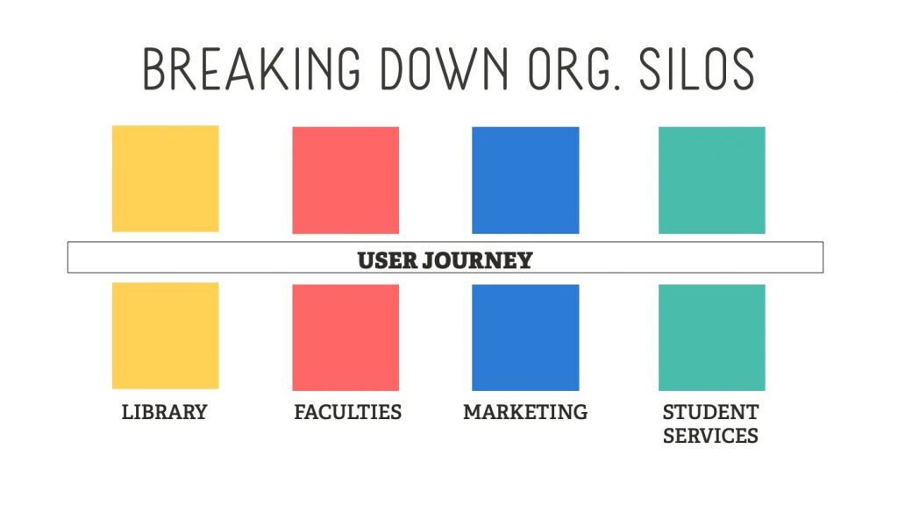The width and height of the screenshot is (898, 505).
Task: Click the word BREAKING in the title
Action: click(x=252, y=68)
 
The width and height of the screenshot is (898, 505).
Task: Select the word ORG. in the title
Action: click(x=574, y=68)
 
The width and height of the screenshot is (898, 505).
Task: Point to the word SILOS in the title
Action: click(x=696, y=68)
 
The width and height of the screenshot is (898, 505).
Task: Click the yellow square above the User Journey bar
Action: click(x=166, y=179)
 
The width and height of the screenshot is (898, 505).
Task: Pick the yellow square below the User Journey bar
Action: click(x=166, y=336)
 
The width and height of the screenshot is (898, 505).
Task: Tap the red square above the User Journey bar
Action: click(x=346, y=181)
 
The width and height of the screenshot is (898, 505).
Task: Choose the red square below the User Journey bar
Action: click(x=346, y=338)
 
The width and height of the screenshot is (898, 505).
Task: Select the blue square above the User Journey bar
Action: click(x=525, y=181)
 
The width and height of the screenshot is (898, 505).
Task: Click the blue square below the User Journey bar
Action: click(x=525, y=338)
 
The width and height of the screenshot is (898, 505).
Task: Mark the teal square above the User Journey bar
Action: click(x=712, y=181)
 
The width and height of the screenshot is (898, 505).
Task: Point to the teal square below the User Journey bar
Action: click(x=712, y=338)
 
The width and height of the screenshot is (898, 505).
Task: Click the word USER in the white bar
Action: click(x=387, y=260)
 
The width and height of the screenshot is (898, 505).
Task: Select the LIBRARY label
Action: click(x=164, y=412)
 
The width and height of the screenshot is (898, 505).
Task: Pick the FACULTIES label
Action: click(x=347, y=412)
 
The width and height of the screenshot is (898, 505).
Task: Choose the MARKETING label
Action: click(x=525, y=412)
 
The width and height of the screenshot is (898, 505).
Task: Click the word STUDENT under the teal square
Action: click(x=710, y=412)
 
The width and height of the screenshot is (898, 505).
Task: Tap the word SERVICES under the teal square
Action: click(x=710, y=437)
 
